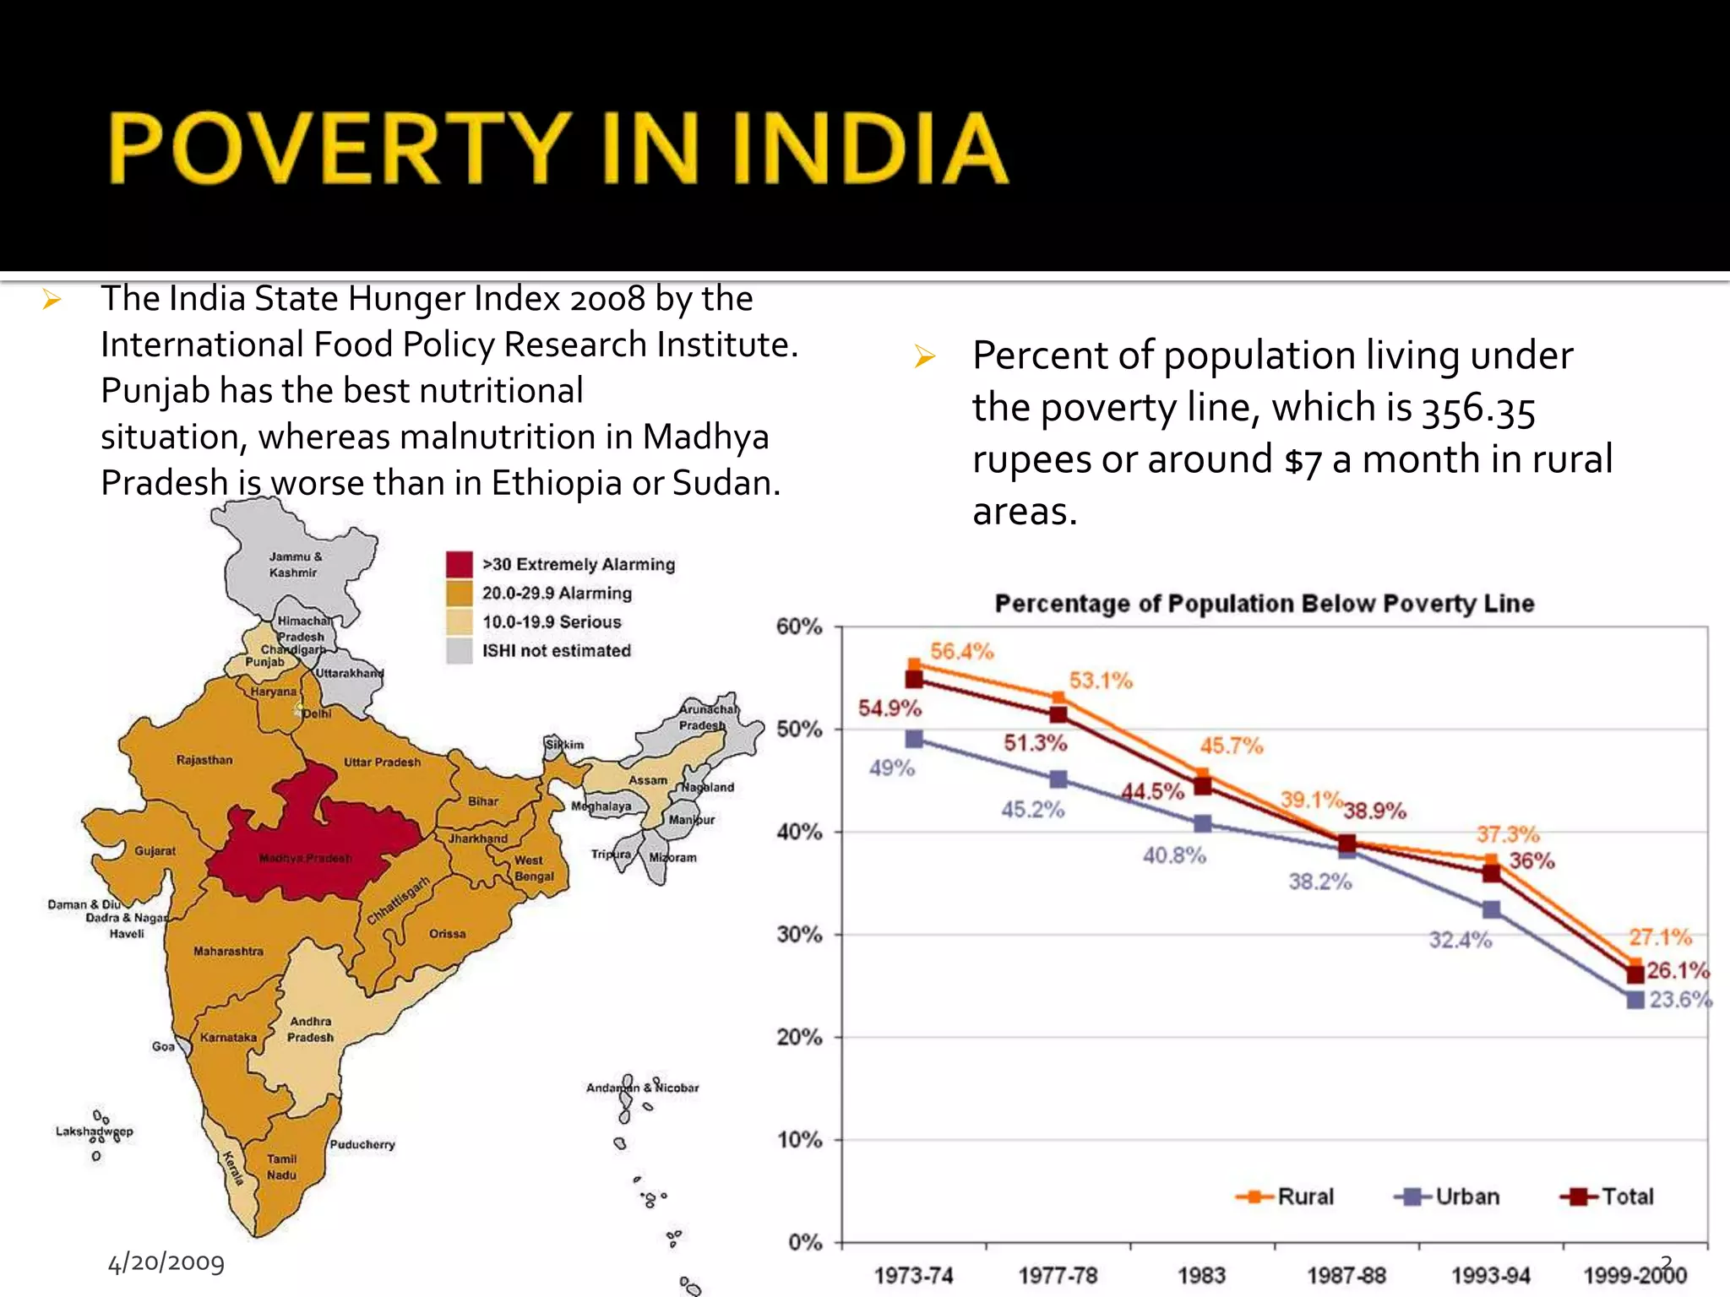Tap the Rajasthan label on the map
(x=204, y=760)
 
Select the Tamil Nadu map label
(x=282, y=1167)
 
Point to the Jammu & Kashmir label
(x=295, y=564)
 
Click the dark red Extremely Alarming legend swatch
(x=459, y=564)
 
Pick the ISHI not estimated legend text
(x=556, y=650)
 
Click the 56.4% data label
(x=962, y=651)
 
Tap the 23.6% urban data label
(x=1679, y=1000)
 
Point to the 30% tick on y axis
(x=799, y=935)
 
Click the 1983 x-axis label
(x=1201, y=1275)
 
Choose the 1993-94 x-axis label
(x=1490, y=1275)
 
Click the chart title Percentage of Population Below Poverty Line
(x=1264, y=604)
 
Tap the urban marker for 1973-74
(x=914, y=739)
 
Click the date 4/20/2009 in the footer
(x=166, y=1262)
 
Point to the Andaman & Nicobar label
(x=643, y=1088)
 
